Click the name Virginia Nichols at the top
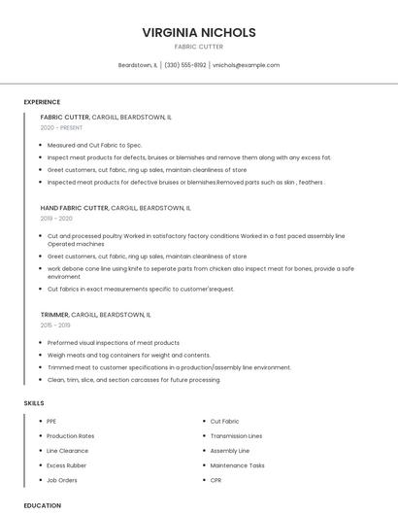point(199,33)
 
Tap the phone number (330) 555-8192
point(185,65)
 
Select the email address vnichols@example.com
point(246,65)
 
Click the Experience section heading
point(42,102)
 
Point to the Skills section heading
point(34,402)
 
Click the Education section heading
point(43,505)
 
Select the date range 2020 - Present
point(62,127)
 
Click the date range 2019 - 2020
point(56,219)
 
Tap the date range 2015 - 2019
point(56,326)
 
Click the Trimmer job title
point(55,315)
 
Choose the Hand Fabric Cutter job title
point(75,208)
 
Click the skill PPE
point(51,422)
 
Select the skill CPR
point(216,480)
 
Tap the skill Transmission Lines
point(236,436)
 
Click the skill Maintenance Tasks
point(237,465)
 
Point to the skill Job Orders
point(62,480)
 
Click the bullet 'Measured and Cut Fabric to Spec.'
point(94,145)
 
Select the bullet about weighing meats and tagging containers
point(128,355)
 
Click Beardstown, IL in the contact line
point(137,65)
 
